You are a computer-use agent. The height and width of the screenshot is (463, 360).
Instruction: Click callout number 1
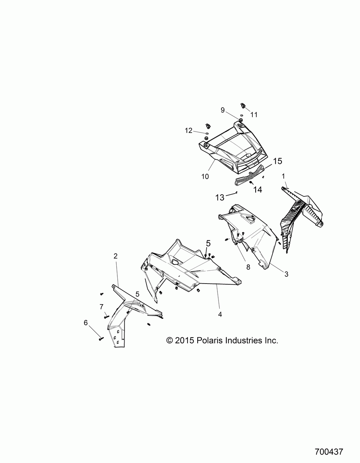point(284,176)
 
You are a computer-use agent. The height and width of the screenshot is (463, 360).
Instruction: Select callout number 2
point(115,256)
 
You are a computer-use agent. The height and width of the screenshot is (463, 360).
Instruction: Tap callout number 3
point(286,274)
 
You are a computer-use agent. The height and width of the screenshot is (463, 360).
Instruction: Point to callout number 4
point(220,314)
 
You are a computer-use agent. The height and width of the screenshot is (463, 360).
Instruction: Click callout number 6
point(86,323)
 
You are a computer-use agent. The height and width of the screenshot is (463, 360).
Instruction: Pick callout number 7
point(102,307)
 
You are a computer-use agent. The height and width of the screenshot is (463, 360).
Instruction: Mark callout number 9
point(222,110)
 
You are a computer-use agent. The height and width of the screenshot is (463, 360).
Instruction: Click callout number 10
point(205,177)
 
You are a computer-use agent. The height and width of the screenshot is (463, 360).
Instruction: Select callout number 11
point(254,115)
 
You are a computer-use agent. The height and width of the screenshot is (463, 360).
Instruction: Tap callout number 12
point(189,131)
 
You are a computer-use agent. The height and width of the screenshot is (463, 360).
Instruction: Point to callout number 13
point(220,197)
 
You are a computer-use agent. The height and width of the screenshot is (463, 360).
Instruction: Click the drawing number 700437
point(328,451)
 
